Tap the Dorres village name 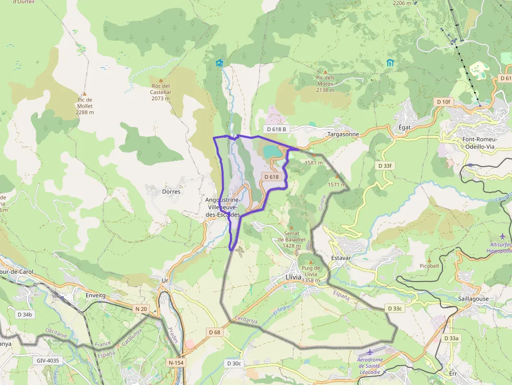click(171, 192)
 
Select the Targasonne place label click(343, 134)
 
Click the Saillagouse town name click(473, 299)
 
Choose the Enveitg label click(95, 296)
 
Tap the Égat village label click(404, 127)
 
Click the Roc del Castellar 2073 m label click(161, 92)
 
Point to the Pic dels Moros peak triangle click(325, 72)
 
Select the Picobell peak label click(429, 266)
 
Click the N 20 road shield click(141, 309)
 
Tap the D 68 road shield click(214, 332)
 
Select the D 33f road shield click(385, 166)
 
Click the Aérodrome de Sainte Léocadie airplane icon click(370, 352)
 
